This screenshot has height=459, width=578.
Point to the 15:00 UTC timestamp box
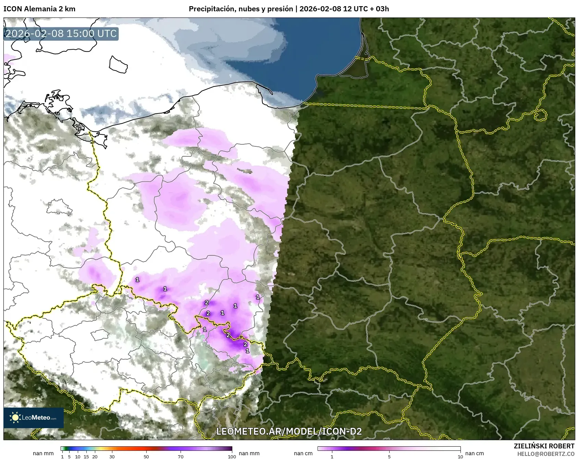coord(61,34)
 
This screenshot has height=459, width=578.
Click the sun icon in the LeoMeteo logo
coord(15,417)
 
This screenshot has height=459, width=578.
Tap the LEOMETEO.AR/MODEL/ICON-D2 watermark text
coord(289,431)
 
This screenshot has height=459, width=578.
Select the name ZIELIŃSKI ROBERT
coord(544,446)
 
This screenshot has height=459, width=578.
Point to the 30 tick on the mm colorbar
coord(112,456)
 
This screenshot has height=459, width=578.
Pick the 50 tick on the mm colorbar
coord(146,456)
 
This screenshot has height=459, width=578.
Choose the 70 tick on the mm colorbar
coord(181,456)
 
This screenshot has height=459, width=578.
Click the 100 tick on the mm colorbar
coord(232,456)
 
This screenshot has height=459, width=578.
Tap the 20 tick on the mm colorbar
coord(95,456)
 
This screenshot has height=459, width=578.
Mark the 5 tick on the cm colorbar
coord(389,456)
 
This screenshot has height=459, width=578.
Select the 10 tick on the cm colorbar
coord(460,456)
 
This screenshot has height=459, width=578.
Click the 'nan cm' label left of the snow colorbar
coord(303,453)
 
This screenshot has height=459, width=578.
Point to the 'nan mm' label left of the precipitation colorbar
coord(43,453)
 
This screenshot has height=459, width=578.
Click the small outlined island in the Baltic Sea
coord(118,65)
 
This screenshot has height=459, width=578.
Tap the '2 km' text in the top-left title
coord(67,9)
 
